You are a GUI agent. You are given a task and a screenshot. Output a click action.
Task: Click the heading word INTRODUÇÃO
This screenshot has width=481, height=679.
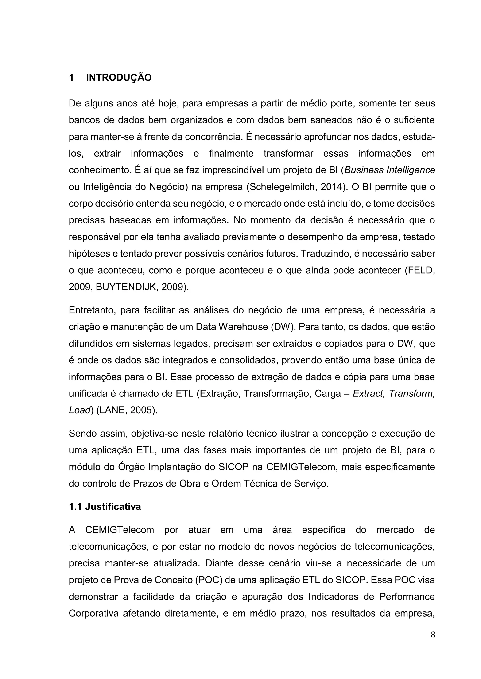point(119,78)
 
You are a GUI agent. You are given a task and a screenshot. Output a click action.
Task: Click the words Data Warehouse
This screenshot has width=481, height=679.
point(232,327)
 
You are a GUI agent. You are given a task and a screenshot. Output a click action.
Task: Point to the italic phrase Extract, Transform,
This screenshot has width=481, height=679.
point(393,394)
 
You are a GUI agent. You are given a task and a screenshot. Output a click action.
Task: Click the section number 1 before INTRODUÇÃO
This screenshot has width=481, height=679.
point(71,78)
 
